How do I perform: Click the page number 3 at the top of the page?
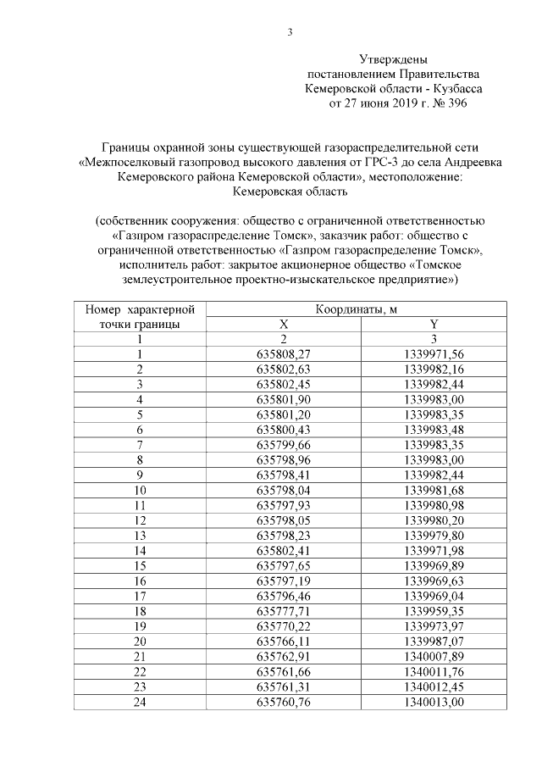290,33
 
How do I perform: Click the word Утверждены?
393,60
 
